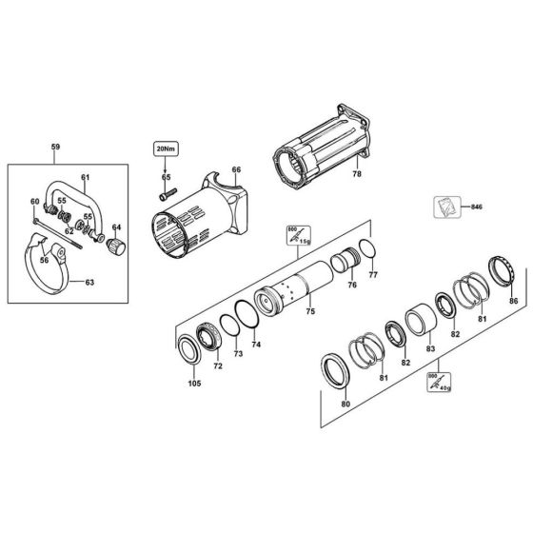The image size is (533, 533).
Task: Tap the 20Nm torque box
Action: (164, 149)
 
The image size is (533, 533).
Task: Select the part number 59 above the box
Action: (55, 147)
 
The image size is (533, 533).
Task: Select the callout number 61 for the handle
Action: (85, 178)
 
